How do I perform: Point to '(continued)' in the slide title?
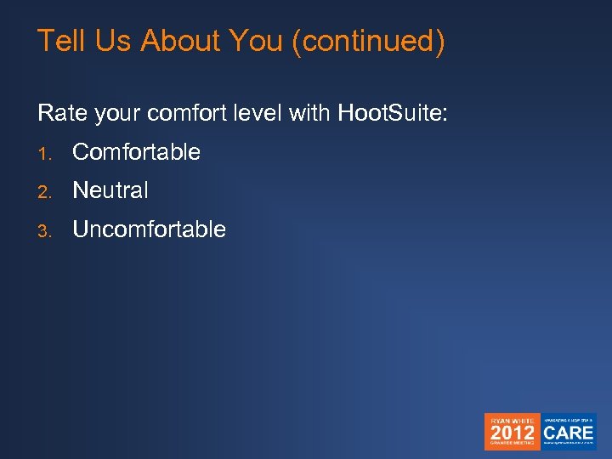click(x=367, y=42)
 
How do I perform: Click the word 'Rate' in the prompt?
click(x=58, y=112)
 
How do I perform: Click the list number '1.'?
click(x=44, y=153)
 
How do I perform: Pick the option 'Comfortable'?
click(x=137, y=152)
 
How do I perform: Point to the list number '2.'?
click(x=44, y=191)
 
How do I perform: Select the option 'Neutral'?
click(x=110, y=190)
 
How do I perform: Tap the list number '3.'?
click(x=44, y=230)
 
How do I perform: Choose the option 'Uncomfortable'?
click(x=150, y=229)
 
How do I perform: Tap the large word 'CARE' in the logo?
click(x=569, y=431)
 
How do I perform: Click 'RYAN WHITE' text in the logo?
click(x=513, y=418)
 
